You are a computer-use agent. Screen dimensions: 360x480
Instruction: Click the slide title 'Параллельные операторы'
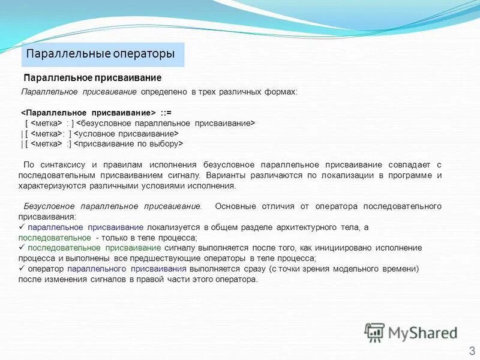coord(101,54)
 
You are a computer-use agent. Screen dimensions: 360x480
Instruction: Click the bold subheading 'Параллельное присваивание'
coord(92,78)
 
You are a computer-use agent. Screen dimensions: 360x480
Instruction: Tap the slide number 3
coord(472,350)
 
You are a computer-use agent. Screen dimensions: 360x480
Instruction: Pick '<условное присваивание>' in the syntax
coord(127,133)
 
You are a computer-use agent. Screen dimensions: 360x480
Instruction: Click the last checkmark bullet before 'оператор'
coord(22,269)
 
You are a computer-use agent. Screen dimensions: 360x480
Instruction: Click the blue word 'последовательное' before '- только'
coord(55,238)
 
